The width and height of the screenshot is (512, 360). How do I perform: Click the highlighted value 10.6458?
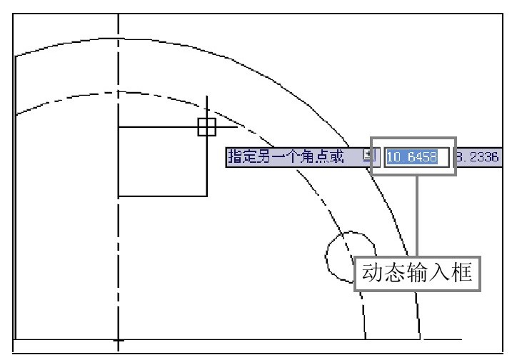[x=412, y=157]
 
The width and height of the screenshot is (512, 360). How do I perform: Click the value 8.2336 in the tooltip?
[x=477, y=157]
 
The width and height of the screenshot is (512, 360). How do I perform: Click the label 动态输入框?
[x=417, y=273]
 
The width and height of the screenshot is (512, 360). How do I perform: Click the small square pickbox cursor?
[x=206, y=127]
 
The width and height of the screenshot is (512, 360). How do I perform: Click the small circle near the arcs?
[x=326, y=256]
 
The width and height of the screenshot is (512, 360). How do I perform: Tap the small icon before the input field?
[x=369, y=155]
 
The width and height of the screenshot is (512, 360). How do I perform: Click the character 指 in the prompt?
[x=235, y=156]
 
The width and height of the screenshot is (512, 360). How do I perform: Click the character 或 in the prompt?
[x=336, y=156]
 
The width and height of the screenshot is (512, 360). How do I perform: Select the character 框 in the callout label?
[x=462, y=273]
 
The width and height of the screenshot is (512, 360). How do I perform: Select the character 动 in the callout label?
[x=372, y=273]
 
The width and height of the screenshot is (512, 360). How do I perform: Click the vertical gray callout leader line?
[x=417, y=216]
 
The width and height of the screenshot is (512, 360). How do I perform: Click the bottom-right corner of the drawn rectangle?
[x=206, y=196]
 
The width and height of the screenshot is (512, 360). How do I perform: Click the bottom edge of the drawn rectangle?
[x=163, y=196]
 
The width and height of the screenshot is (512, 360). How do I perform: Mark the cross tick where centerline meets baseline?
[x=119, y=341]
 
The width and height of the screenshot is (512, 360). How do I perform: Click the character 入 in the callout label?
[x=439, y=273]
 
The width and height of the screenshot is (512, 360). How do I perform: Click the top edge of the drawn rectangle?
[x=163, y=126]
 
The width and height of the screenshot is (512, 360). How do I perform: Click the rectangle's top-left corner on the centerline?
[x=119, y=126]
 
